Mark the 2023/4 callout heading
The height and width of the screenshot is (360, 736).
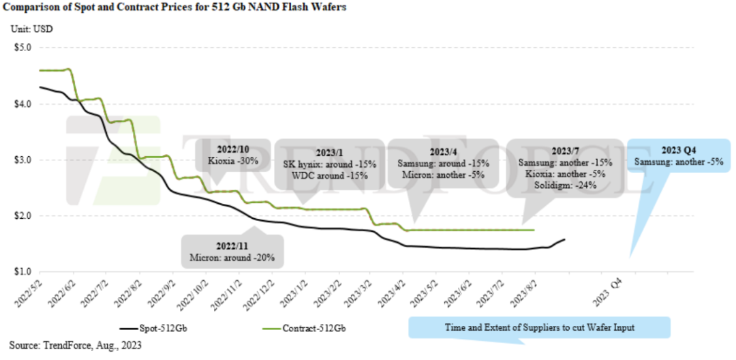tap(441, 151)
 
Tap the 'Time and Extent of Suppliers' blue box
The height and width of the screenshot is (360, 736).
tap(538, 327)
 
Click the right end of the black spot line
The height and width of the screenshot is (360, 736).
tap(565, 239)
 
